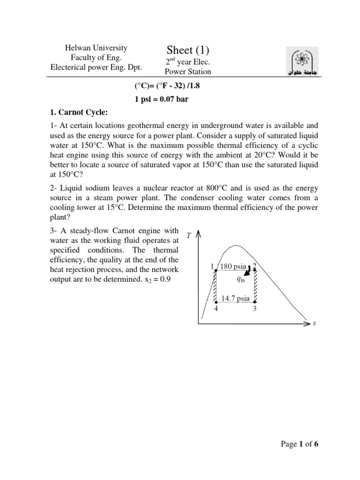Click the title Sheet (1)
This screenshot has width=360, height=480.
tap(187, 50)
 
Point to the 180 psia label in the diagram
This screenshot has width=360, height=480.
tap(233, 267)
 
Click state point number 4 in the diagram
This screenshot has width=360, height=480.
tap(216, 309)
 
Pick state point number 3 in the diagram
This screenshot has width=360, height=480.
tap(255, 309)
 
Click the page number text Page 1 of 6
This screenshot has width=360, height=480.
tap(298, 444)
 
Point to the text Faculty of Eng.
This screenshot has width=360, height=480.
tap(96, 58)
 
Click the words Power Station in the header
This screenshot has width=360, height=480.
tap(187, 72)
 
